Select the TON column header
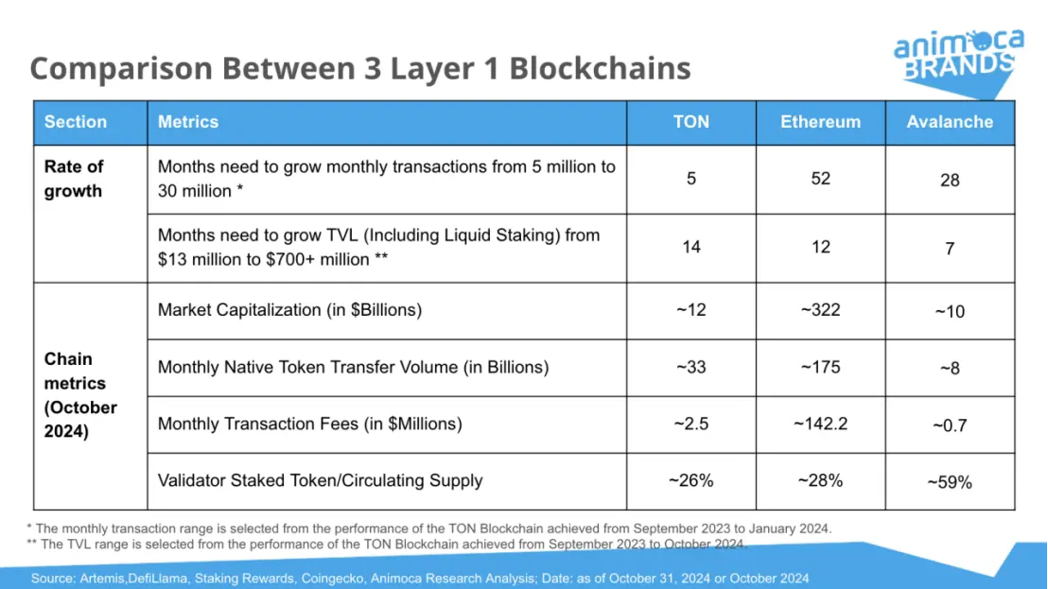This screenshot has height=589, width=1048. point(690,122)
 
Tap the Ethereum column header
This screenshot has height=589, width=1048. point(820,122)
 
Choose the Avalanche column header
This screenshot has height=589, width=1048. point(950,122)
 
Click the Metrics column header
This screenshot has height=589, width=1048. point(188,122)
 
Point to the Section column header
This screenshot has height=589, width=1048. point(76,122)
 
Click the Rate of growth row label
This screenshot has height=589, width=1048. point(74,179)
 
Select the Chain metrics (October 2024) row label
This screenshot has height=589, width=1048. point(80,395)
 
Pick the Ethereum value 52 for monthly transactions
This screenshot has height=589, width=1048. point(820,179)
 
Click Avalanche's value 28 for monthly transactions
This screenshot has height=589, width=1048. point(950,180)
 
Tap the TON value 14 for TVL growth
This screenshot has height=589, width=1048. point(690,247)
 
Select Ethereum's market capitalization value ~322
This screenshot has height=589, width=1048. point(820,310)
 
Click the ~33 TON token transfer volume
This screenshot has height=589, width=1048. point(690,367)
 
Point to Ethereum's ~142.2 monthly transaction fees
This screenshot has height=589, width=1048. point(820,424)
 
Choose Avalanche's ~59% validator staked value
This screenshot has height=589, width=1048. point(950,481)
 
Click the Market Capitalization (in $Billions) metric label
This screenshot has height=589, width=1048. point(289,310)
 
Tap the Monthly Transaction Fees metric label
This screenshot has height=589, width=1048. point(309,424)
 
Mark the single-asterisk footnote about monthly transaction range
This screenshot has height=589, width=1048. point(430,528)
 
